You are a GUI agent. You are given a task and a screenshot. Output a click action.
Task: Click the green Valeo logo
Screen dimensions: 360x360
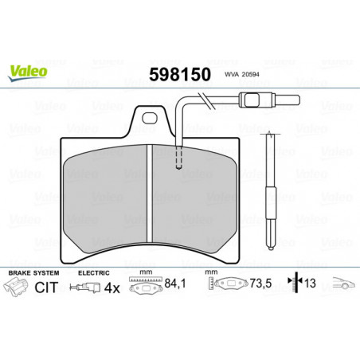tap(28, 72)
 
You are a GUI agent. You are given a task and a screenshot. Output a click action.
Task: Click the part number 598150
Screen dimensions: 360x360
tap(180, 74)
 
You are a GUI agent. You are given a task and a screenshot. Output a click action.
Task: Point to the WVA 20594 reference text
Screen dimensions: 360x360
tap(242, 75)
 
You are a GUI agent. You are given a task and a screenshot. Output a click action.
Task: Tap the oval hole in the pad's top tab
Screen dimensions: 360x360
tap(150, 118)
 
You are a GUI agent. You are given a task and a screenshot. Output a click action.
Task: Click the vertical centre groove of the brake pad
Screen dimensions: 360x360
tap(150, 194)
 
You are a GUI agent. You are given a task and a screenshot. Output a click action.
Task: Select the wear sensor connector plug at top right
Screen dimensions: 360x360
tap(269, 100)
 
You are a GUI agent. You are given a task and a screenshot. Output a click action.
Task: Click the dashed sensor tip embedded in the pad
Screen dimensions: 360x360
tap(179, 158)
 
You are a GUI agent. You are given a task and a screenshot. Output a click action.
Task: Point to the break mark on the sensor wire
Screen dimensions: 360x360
tap(207, 100)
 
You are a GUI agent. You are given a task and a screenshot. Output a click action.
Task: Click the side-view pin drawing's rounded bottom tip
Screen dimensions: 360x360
tap(271, 248)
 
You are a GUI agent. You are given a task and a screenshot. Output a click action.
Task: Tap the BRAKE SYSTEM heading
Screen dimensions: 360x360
tap(33, 273)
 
